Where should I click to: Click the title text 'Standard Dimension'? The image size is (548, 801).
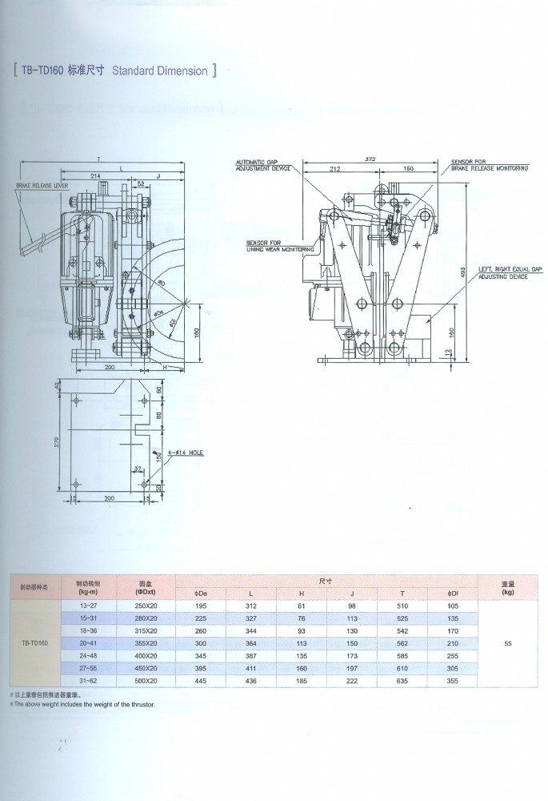coord(160,71)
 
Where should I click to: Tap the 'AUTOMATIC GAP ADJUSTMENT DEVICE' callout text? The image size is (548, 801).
coord(258,165)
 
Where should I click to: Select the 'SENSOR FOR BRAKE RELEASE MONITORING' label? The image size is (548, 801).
coord(490,166)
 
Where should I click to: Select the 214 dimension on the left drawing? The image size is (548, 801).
coord(96,174)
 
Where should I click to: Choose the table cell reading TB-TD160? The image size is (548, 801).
coord(34,642)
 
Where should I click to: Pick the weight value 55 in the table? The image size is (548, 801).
coord(507,642)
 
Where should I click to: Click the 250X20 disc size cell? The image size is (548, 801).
coord(146,606)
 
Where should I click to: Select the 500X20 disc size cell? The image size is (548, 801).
coord(146,679)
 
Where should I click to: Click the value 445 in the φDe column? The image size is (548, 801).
coord(201,679)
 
